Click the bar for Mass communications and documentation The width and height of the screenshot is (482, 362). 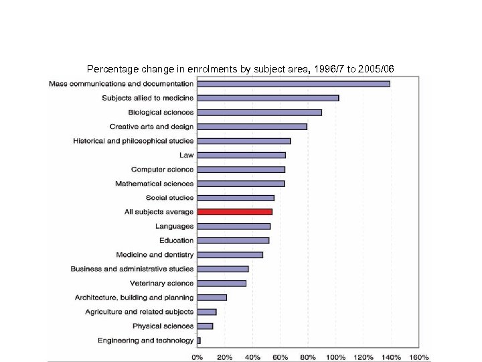[x=293, y=84]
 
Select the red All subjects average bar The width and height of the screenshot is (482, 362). [x=234, y=212]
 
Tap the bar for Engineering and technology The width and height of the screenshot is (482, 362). [x=199, y=341]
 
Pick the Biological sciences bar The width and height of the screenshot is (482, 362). [x=259, y=113]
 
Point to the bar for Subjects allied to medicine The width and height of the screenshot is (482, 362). [x=268, y=98]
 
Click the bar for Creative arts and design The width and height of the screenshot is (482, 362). [x=252, y=127]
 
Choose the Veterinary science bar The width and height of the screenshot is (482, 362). [x=222, y=284]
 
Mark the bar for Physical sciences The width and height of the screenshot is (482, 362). [x=205, y=326]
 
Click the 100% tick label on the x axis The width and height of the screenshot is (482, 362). [x=335, y=357]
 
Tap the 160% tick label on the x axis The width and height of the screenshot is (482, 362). [x=418, y=357]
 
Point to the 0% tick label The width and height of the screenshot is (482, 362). [x=197, y=357]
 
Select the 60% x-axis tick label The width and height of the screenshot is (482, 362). [x=280, y=357]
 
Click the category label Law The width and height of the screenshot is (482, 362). [x=186, y=155]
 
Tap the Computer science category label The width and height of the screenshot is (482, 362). [x=162, y=170]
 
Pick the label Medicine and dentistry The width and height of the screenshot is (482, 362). [x=155, y=255]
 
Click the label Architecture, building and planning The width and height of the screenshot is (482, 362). [x=134, y=298]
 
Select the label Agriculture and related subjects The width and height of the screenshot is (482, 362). [x=139, y=312]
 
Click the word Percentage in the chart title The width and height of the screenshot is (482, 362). [x=110, y=69]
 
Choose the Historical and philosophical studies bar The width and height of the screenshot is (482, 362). [x=244, y=141]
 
